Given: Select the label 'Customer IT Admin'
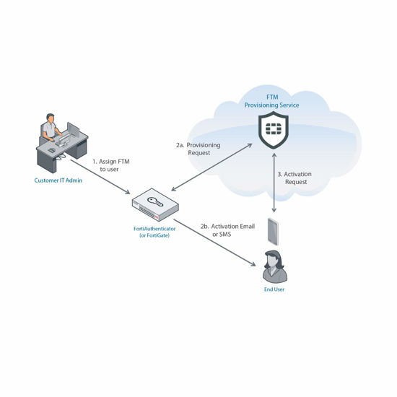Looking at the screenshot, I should pyautogui.click(x=58, y=180).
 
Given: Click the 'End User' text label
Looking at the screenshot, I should pyautogui.click(x=274, y=289).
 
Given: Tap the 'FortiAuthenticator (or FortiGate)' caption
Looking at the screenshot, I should pyautogui.click(x=154, y=233).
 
